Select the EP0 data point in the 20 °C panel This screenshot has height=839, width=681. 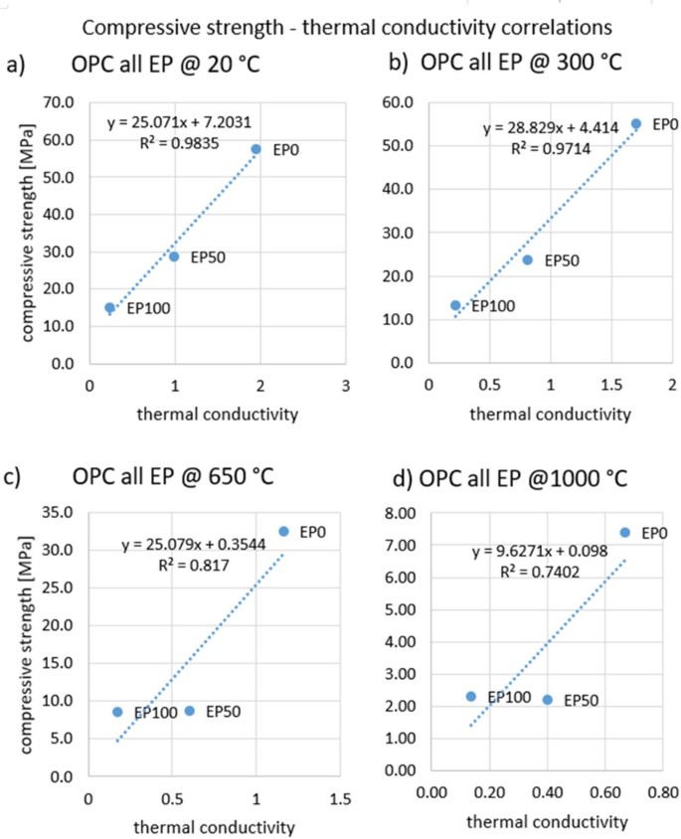tap(255, 149)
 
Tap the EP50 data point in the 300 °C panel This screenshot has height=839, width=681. tap(528, 260)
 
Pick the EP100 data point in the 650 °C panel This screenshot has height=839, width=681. tap(117, 712)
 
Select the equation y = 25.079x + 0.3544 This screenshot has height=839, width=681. tap(188, 545)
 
